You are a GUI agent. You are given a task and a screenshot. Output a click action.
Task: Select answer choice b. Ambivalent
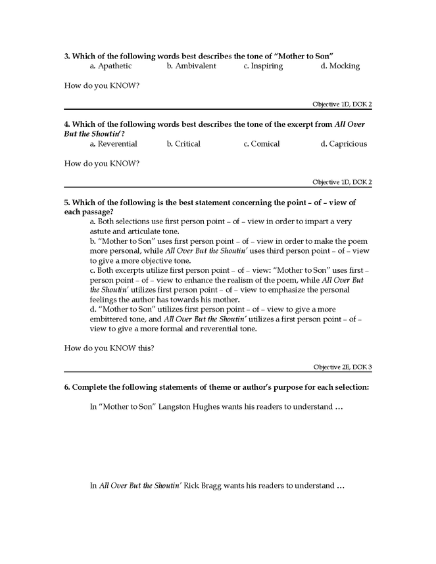191,66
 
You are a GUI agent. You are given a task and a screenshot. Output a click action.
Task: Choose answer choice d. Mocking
340,66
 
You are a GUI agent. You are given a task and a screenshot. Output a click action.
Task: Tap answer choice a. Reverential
113,144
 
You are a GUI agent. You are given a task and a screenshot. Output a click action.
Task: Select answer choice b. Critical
183,144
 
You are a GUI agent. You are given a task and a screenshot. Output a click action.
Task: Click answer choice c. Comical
261,144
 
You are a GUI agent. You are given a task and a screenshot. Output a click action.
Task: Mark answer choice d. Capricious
343,144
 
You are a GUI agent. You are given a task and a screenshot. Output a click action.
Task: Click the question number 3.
67,56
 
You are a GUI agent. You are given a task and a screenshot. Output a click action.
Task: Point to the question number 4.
67,124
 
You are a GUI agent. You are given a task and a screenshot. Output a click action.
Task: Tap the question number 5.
67,202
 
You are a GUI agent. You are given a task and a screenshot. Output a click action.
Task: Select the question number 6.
67,387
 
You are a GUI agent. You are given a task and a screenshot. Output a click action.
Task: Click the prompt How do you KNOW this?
109,348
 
